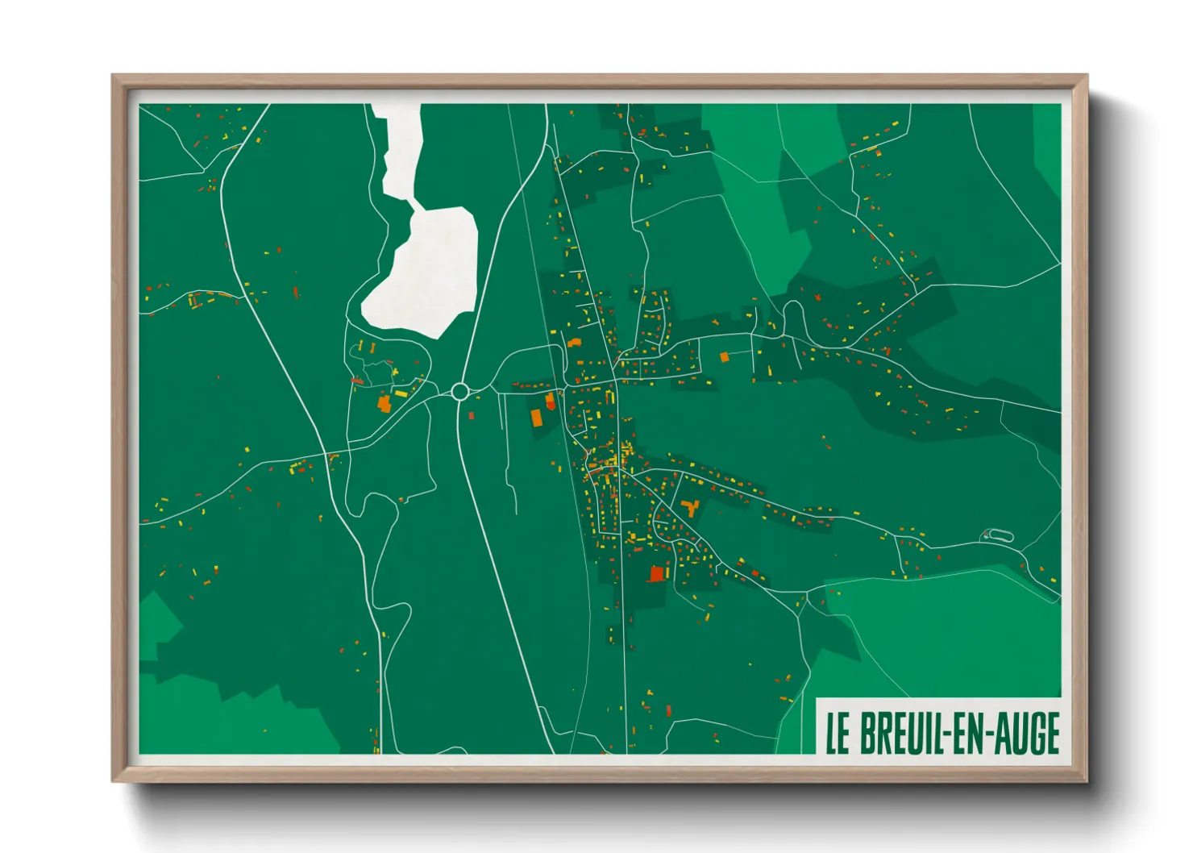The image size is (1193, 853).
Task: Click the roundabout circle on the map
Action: click(460, 392)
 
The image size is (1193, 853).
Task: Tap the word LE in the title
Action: click(838, 733)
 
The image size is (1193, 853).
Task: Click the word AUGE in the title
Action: click(1026, 733)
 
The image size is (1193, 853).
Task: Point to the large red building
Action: click(656, 573)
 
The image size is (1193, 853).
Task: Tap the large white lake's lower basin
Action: click(424, 274)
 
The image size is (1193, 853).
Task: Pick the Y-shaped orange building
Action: click(689, 507)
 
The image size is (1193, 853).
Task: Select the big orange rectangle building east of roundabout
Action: click(536, 417)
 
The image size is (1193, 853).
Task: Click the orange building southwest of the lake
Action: click(384, 403)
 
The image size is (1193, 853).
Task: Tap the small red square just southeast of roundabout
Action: click(472, 415)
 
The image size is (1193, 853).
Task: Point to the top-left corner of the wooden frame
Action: click(114, 77)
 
